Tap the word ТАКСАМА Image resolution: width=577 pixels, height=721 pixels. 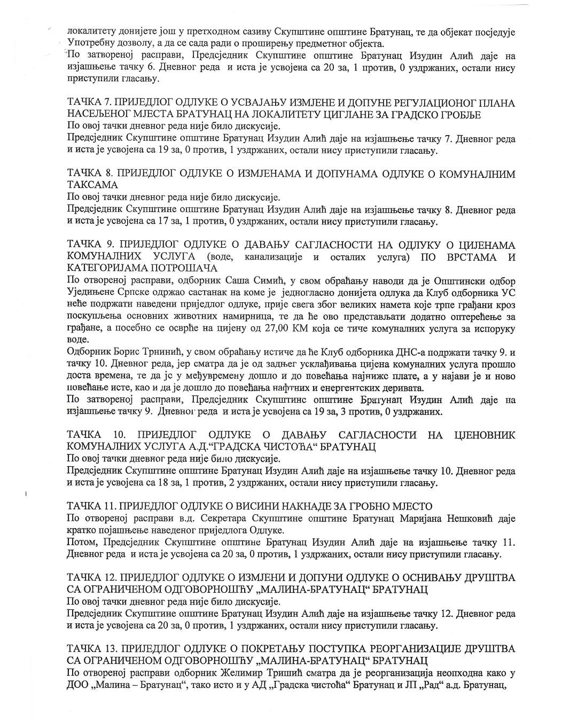click(x=92, y=185)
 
